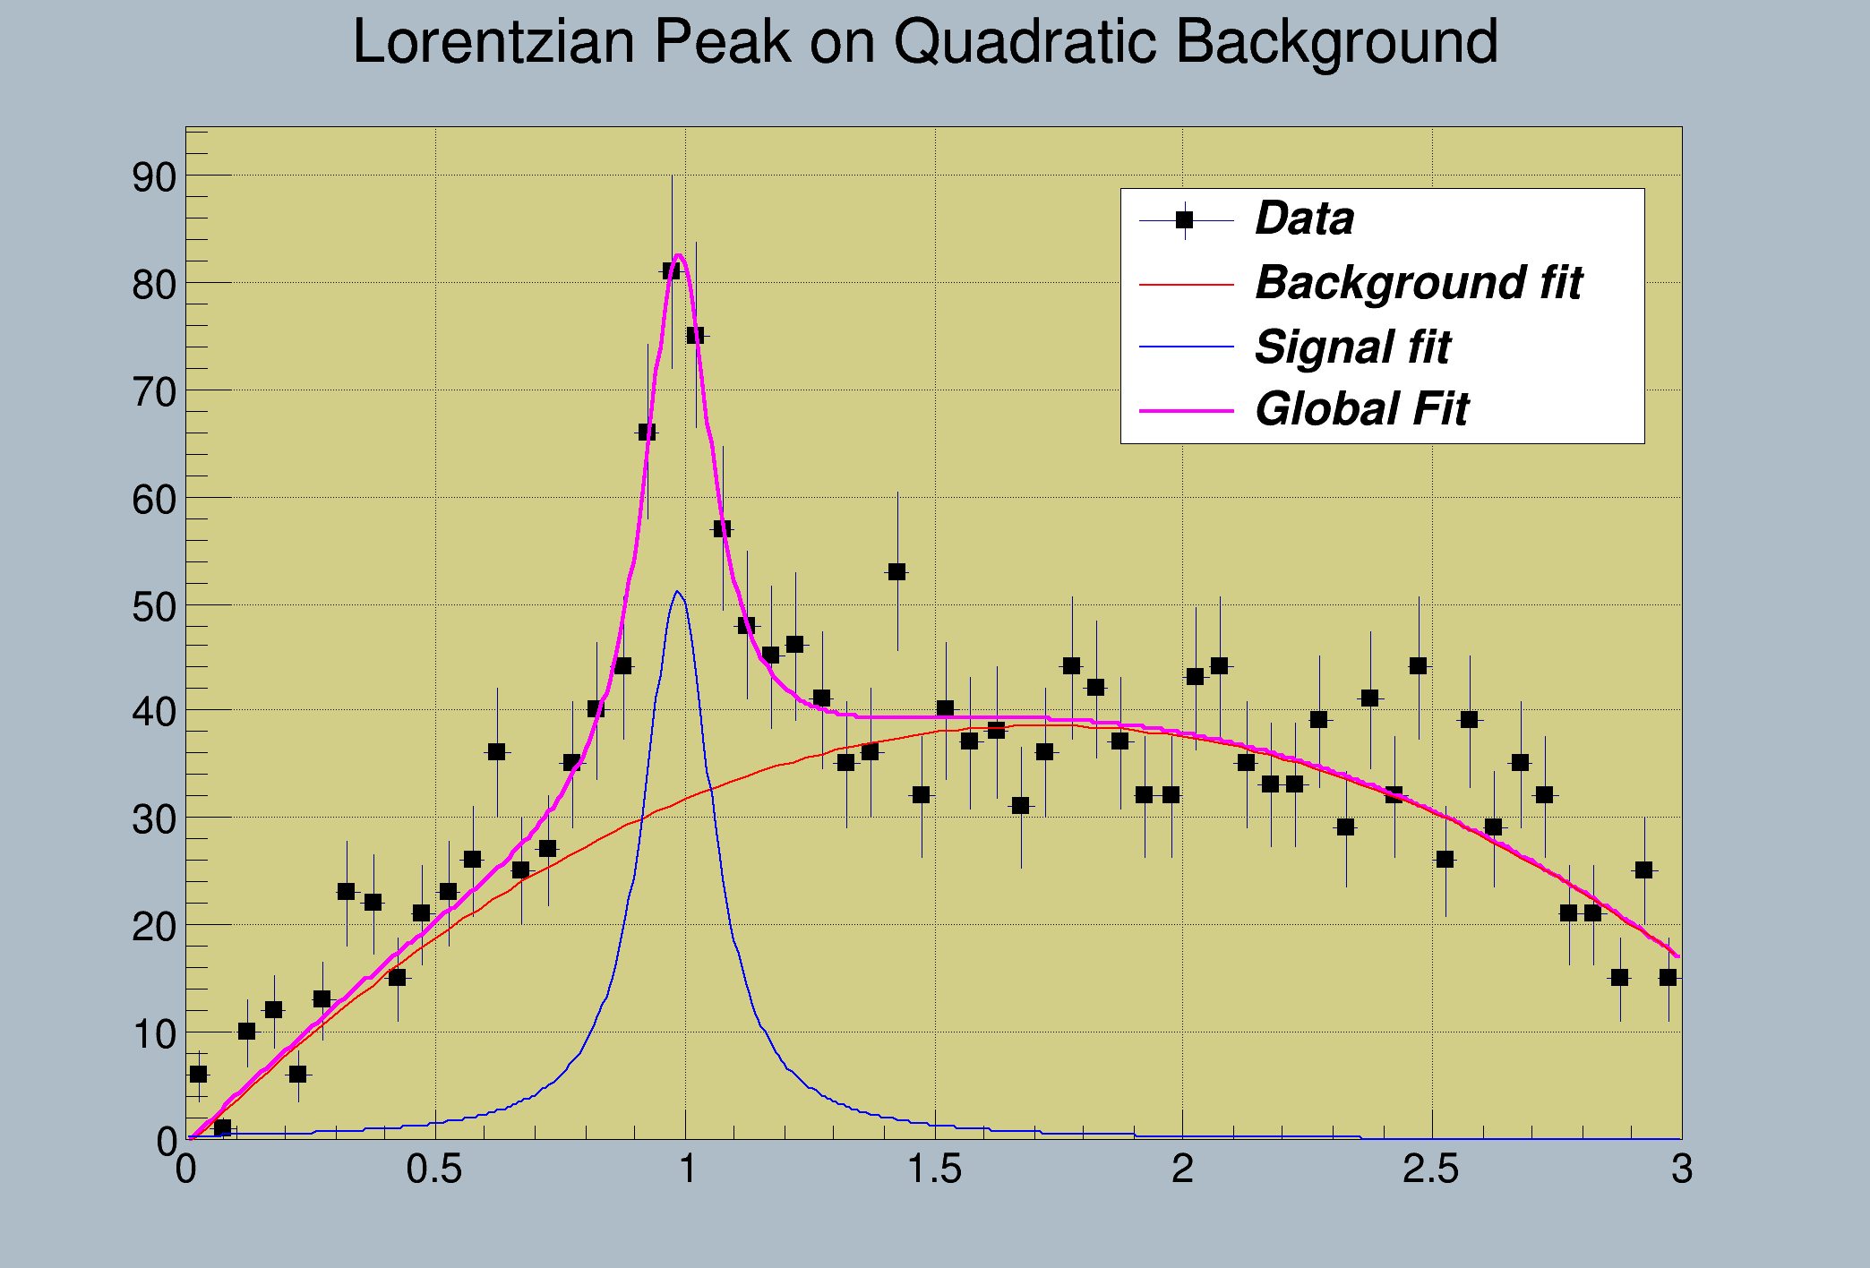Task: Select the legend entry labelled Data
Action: tap(1304, 218)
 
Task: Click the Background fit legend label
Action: tap(1419, 283)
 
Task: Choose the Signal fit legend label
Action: tap(1352, 347)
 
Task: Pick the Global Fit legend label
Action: tap(1361, 410)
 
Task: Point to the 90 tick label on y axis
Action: tap(154, 177)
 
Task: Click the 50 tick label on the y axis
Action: tap(154, 606)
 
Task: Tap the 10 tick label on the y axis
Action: tap(154, 1035)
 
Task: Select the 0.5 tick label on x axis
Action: tap(434, 1169)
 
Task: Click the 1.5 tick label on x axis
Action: tap(934, 1169)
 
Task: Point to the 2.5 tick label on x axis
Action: tap(1431, 1169)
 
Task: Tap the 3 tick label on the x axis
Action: tap(1681, 1169)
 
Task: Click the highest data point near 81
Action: tap(672, 270)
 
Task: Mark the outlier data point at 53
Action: tap(896, 571)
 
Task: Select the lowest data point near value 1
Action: tap(222, 1128)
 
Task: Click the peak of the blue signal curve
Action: tap(677, 592)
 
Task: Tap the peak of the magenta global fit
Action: tap(679, 256)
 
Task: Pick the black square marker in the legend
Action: tap(1185, 219)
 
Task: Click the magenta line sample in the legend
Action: tap(1186, 411)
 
